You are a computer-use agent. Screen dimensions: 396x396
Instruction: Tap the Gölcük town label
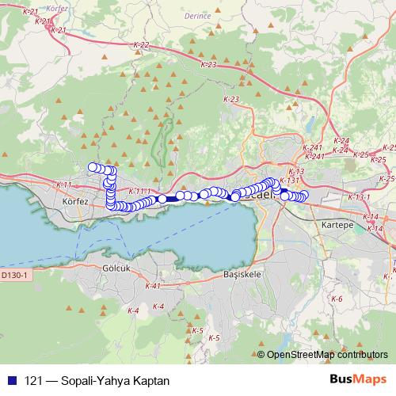click(116, 268)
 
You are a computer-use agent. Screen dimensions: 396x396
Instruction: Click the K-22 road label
click(140, 45)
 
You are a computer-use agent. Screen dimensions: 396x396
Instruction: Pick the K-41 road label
click(153, 285)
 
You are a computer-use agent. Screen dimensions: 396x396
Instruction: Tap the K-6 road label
click(337, 299)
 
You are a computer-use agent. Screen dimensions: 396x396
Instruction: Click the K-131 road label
click(289, 181)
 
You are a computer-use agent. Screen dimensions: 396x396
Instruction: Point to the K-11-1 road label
click(138, 191)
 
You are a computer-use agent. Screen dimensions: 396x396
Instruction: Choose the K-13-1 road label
click(358, 196)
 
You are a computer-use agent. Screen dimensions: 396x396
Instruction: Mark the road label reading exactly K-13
click(297, 171)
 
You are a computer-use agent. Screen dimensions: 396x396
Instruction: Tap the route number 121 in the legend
click(33, 381)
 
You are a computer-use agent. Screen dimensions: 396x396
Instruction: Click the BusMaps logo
click(357, 379)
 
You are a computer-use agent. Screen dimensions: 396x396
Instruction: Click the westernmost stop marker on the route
click(93, 166)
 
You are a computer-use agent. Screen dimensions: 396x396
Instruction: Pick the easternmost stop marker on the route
click(304, 195)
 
